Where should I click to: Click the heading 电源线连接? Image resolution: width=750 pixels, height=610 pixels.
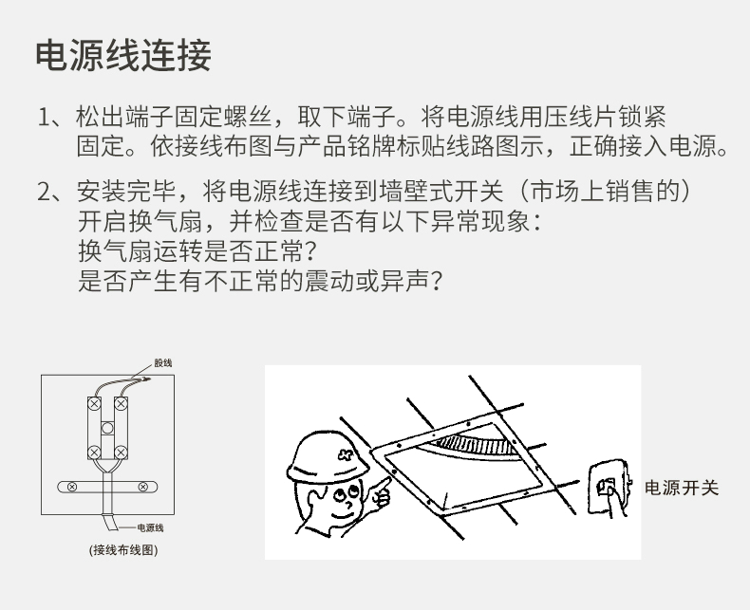123,55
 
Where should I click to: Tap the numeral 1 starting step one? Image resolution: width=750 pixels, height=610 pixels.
44,117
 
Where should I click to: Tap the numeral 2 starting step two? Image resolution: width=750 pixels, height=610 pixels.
44,192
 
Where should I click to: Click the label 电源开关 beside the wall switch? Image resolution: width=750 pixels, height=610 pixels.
682,489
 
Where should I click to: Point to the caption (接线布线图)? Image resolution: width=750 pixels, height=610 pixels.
123,550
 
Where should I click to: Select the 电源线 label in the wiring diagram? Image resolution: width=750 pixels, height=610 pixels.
150,527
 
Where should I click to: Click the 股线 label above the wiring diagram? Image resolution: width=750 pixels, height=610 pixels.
163,362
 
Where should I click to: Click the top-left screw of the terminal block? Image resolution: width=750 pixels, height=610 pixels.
95,404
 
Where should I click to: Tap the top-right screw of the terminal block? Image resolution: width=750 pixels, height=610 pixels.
121,404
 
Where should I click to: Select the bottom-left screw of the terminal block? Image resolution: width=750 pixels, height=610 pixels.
95,453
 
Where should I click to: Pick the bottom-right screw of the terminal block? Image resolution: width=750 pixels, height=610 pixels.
121,453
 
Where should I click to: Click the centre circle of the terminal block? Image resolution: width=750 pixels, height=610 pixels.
107,428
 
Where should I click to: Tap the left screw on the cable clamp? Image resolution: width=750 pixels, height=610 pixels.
72,487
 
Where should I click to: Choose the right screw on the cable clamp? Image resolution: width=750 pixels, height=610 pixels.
142,487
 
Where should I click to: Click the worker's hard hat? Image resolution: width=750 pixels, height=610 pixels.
328,456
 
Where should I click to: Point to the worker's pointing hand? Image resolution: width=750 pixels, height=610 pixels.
382,494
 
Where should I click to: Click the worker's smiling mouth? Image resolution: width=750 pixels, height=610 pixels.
343,514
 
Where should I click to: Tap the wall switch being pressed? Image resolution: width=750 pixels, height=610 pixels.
607,487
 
